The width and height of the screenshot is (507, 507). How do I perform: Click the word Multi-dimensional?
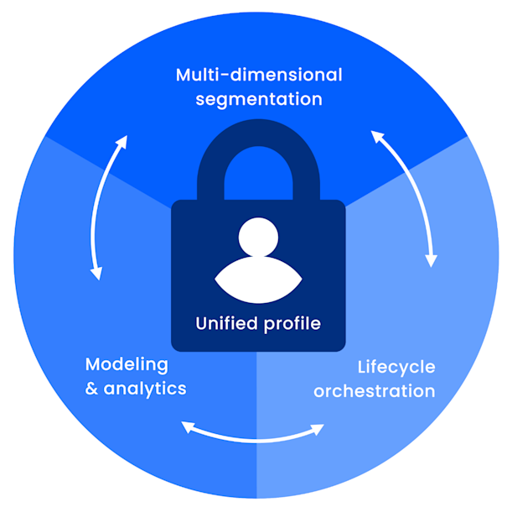pyautogui.click(x=259, y=75)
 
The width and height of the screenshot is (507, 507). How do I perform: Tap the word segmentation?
pyautogui.click(x=259, y=99)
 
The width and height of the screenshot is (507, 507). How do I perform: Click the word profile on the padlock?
pyautogui.click(x=291, y=323)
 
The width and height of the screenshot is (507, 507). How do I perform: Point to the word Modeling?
pyautogui.click(x=127, y=365)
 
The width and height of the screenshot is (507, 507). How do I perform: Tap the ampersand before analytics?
pyautogui.click(x=93, y=389)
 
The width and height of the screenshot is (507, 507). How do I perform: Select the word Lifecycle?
pyautogui.click(x=396, y=367)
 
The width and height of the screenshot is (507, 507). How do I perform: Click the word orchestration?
pyautogui.click(x=374, y=391)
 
